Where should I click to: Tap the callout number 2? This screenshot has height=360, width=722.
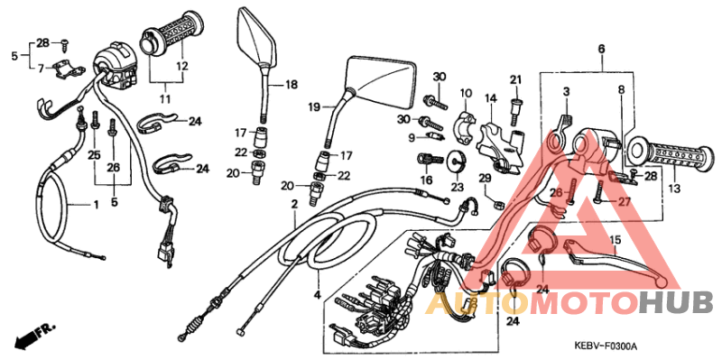pos(293,206)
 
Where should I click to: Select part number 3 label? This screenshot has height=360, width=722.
pos(567,92)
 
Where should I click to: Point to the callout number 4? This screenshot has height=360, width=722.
pos(317,295)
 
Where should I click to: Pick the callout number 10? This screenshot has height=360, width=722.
pos(467,94)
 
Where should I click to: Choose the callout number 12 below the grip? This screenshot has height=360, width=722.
pos(181,66)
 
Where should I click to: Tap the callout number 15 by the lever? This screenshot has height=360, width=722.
pos(616,240)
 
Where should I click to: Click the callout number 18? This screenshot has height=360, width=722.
pos(292,85)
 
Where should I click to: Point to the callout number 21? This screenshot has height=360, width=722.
pos(515,79)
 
